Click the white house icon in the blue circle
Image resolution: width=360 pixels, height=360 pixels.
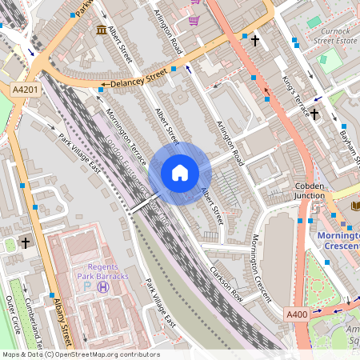tap(180, 173)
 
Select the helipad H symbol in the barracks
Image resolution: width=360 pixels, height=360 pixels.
tap(102, 287)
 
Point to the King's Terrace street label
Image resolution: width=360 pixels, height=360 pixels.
tap(296, 98)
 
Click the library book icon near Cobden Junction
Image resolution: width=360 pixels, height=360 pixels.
tap(354, 206)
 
